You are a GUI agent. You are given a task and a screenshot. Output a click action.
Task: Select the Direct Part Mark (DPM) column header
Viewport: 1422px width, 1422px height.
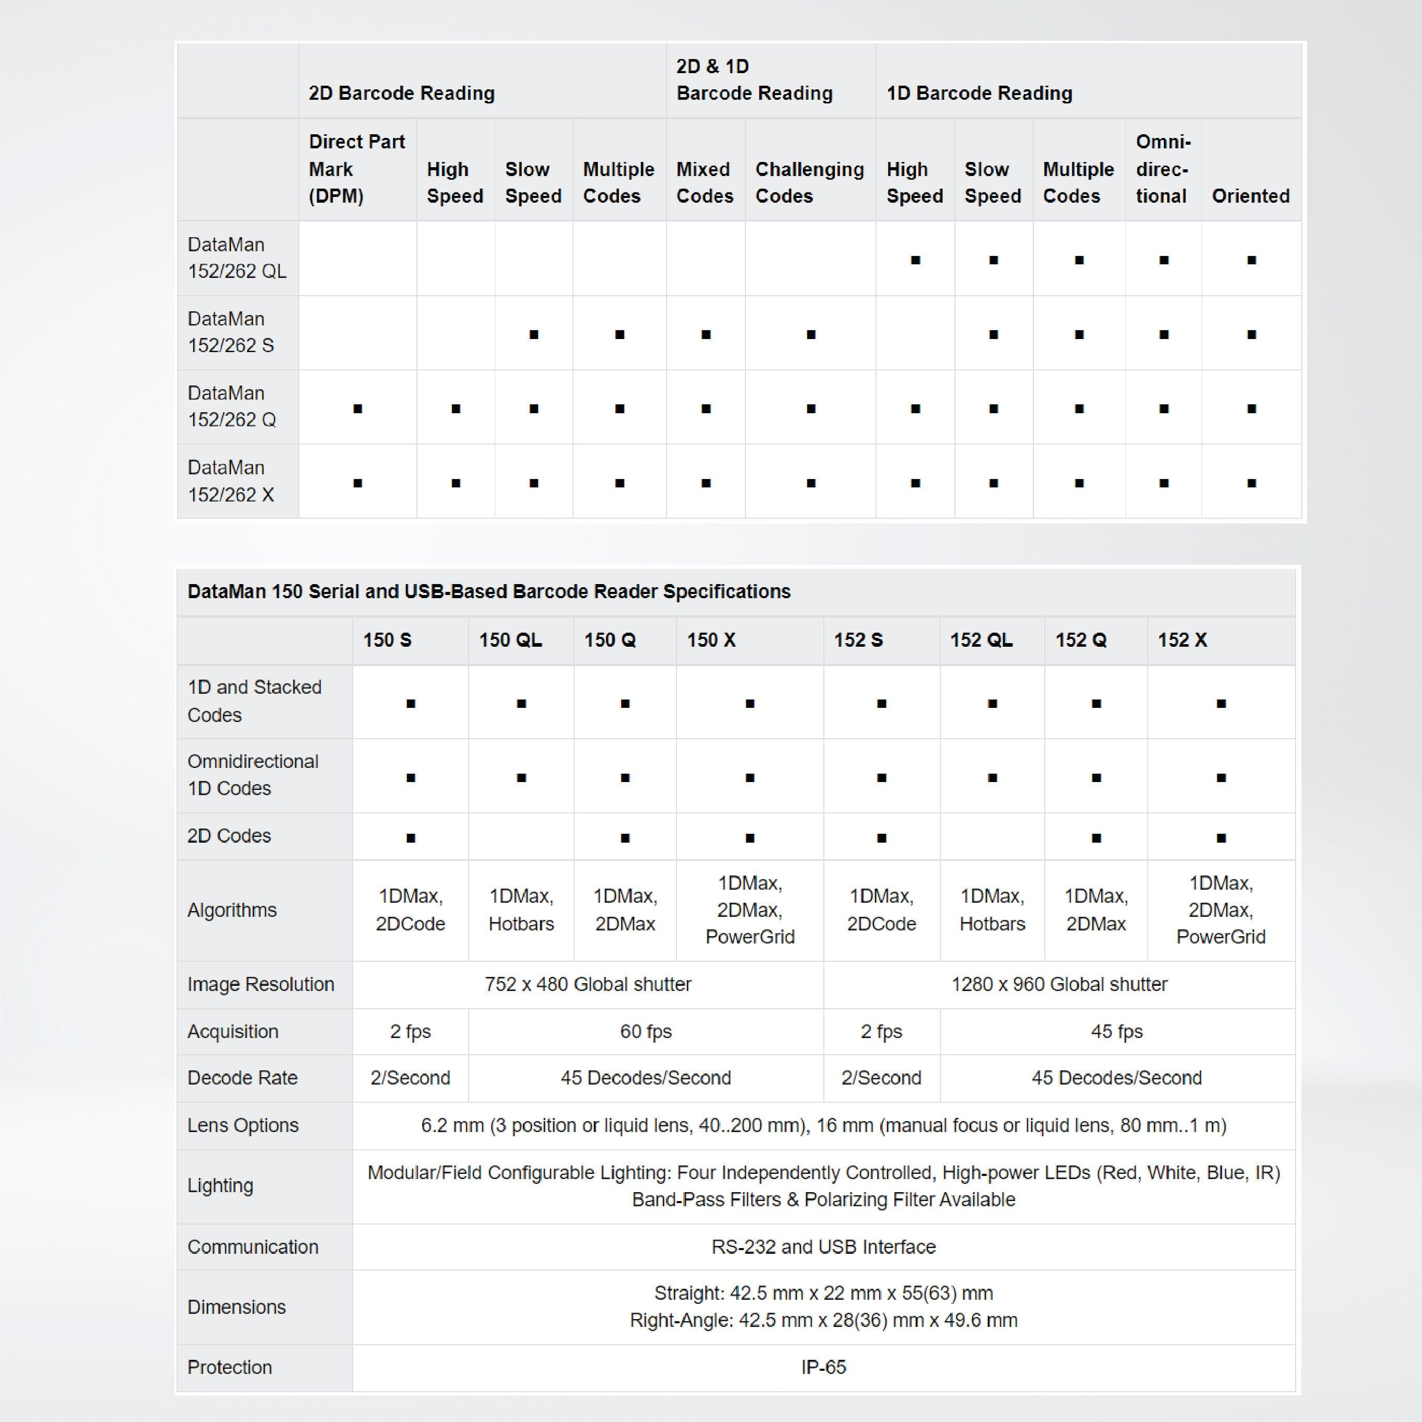point(356,169)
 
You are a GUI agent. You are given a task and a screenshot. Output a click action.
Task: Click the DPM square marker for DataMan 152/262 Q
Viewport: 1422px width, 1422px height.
point(358,409)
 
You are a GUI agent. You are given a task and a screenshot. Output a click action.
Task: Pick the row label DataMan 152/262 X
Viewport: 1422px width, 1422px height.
point(230,481)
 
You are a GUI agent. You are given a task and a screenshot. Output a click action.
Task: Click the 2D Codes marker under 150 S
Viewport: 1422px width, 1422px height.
point(411,837)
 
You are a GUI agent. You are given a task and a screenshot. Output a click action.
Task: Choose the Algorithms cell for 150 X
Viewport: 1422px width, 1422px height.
point(749,910)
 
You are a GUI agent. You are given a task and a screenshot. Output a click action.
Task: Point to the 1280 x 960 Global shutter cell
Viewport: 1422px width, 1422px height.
point(1058,984)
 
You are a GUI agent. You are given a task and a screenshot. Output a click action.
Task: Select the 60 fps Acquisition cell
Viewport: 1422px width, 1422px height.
point(646,1031)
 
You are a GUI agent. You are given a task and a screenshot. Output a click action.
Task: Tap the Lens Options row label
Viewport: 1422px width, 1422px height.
point(243,1125)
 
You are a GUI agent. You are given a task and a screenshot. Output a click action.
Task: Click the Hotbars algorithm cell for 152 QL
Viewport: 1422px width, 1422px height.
point(992,910)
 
